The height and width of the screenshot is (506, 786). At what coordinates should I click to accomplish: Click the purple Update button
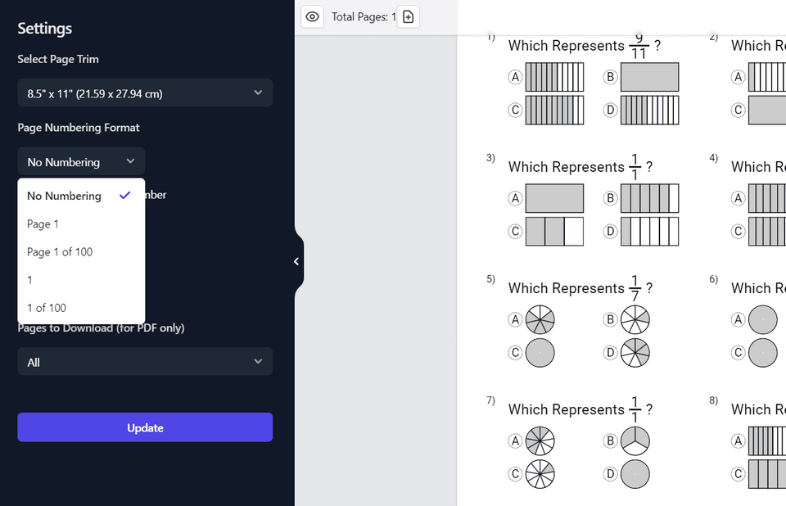click(145, 427)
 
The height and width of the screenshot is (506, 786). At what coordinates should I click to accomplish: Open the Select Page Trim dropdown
click(145, 93)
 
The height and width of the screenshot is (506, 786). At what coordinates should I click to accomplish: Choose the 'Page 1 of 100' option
click(60, 252)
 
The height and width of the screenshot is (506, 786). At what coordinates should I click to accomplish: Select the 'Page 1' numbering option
click(43, 224)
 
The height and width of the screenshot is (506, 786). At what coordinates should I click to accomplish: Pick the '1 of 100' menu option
click(47, 308)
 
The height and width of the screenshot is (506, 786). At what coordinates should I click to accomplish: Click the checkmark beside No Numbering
click(124, 196)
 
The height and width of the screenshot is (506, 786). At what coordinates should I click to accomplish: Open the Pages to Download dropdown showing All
click(145, 362)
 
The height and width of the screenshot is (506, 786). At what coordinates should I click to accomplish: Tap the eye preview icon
click(312, 16)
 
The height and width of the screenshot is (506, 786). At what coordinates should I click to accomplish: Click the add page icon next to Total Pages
click(408, 16)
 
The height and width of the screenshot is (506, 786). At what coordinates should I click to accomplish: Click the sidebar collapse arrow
click(296, 261)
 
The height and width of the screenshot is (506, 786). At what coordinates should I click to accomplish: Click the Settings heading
click(45, 29)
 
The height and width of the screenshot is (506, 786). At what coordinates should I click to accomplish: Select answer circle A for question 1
click(515, 77)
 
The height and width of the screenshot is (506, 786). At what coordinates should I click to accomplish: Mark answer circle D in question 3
click(610, 232)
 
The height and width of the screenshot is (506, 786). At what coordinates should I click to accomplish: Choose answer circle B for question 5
click(610, 319)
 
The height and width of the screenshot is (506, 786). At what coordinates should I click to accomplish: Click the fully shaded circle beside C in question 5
click(540, 353)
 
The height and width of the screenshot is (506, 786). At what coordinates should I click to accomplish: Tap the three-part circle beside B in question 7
click(635, 440)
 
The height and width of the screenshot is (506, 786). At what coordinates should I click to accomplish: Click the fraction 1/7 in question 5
click(634, 288)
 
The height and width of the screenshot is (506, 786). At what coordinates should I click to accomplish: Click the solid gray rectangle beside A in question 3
click(554, 198)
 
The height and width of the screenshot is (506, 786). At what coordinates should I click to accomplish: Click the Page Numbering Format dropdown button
click(81, 161)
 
